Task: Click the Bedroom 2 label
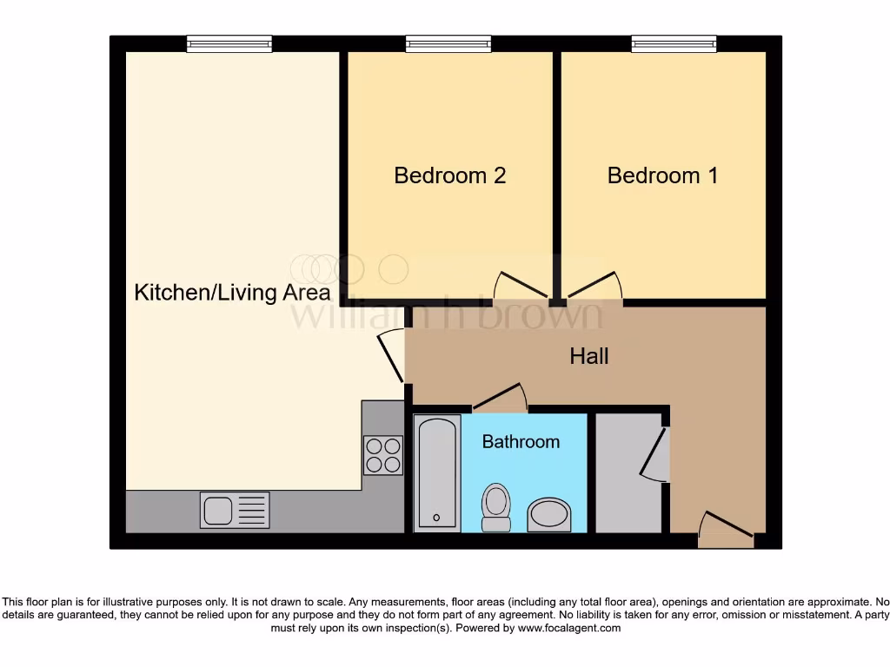coord(449,175)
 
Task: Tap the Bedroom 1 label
coord(662,175)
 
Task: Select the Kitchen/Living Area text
coord(232,293)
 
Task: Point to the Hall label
coord(588,356)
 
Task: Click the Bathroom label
coord(521,442)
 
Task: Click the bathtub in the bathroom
coord(436,473)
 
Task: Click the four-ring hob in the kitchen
coord(383,454)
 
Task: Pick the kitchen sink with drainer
coord(235,510)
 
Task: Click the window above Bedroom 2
coord(448,43)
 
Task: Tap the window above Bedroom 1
coord(674,43)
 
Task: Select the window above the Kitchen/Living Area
coord(229,43)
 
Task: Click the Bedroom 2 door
coord(521,287)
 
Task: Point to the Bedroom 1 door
coord(594,287)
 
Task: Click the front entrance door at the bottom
coord(726,529)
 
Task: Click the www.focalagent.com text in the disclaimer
coord(568,628)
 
